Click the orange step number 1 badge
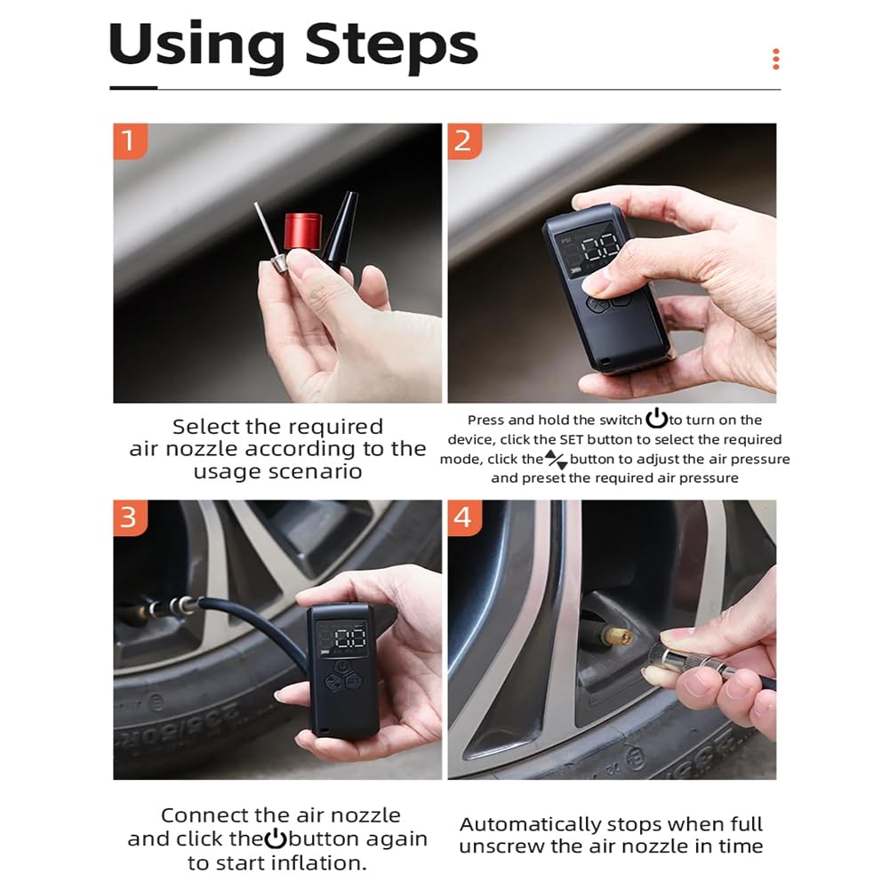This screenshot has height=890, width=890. (x=130, y=140)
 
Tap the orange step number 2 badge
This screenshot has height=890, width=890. (x=464, y=140)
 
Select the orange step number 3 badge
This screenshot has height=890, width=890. (x=130, y=517)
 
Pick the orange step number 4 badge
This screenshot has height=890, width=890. (x=464, y=517)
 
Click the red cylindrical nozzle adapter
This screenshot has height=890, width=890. (x=302, y=232)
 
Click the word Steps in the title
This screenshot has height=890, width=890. (x=391, y=46)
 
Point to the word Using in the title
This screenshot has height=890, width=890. (x=196, y=46)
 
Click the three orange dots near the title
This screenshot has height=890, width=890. (x=776, y=59)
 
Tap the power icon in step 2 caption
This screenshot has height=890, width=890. (x=656, y=418)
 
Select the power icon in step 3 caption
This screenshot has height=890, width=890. (x=276, y=838)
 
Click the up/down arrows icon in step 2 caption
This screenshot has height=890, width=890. (x=557, y=460)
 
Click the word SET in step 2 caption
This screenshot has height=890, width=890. (x=572, y=440)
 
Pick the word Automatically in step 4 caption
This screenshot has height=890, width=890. (x=532, y=825)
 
